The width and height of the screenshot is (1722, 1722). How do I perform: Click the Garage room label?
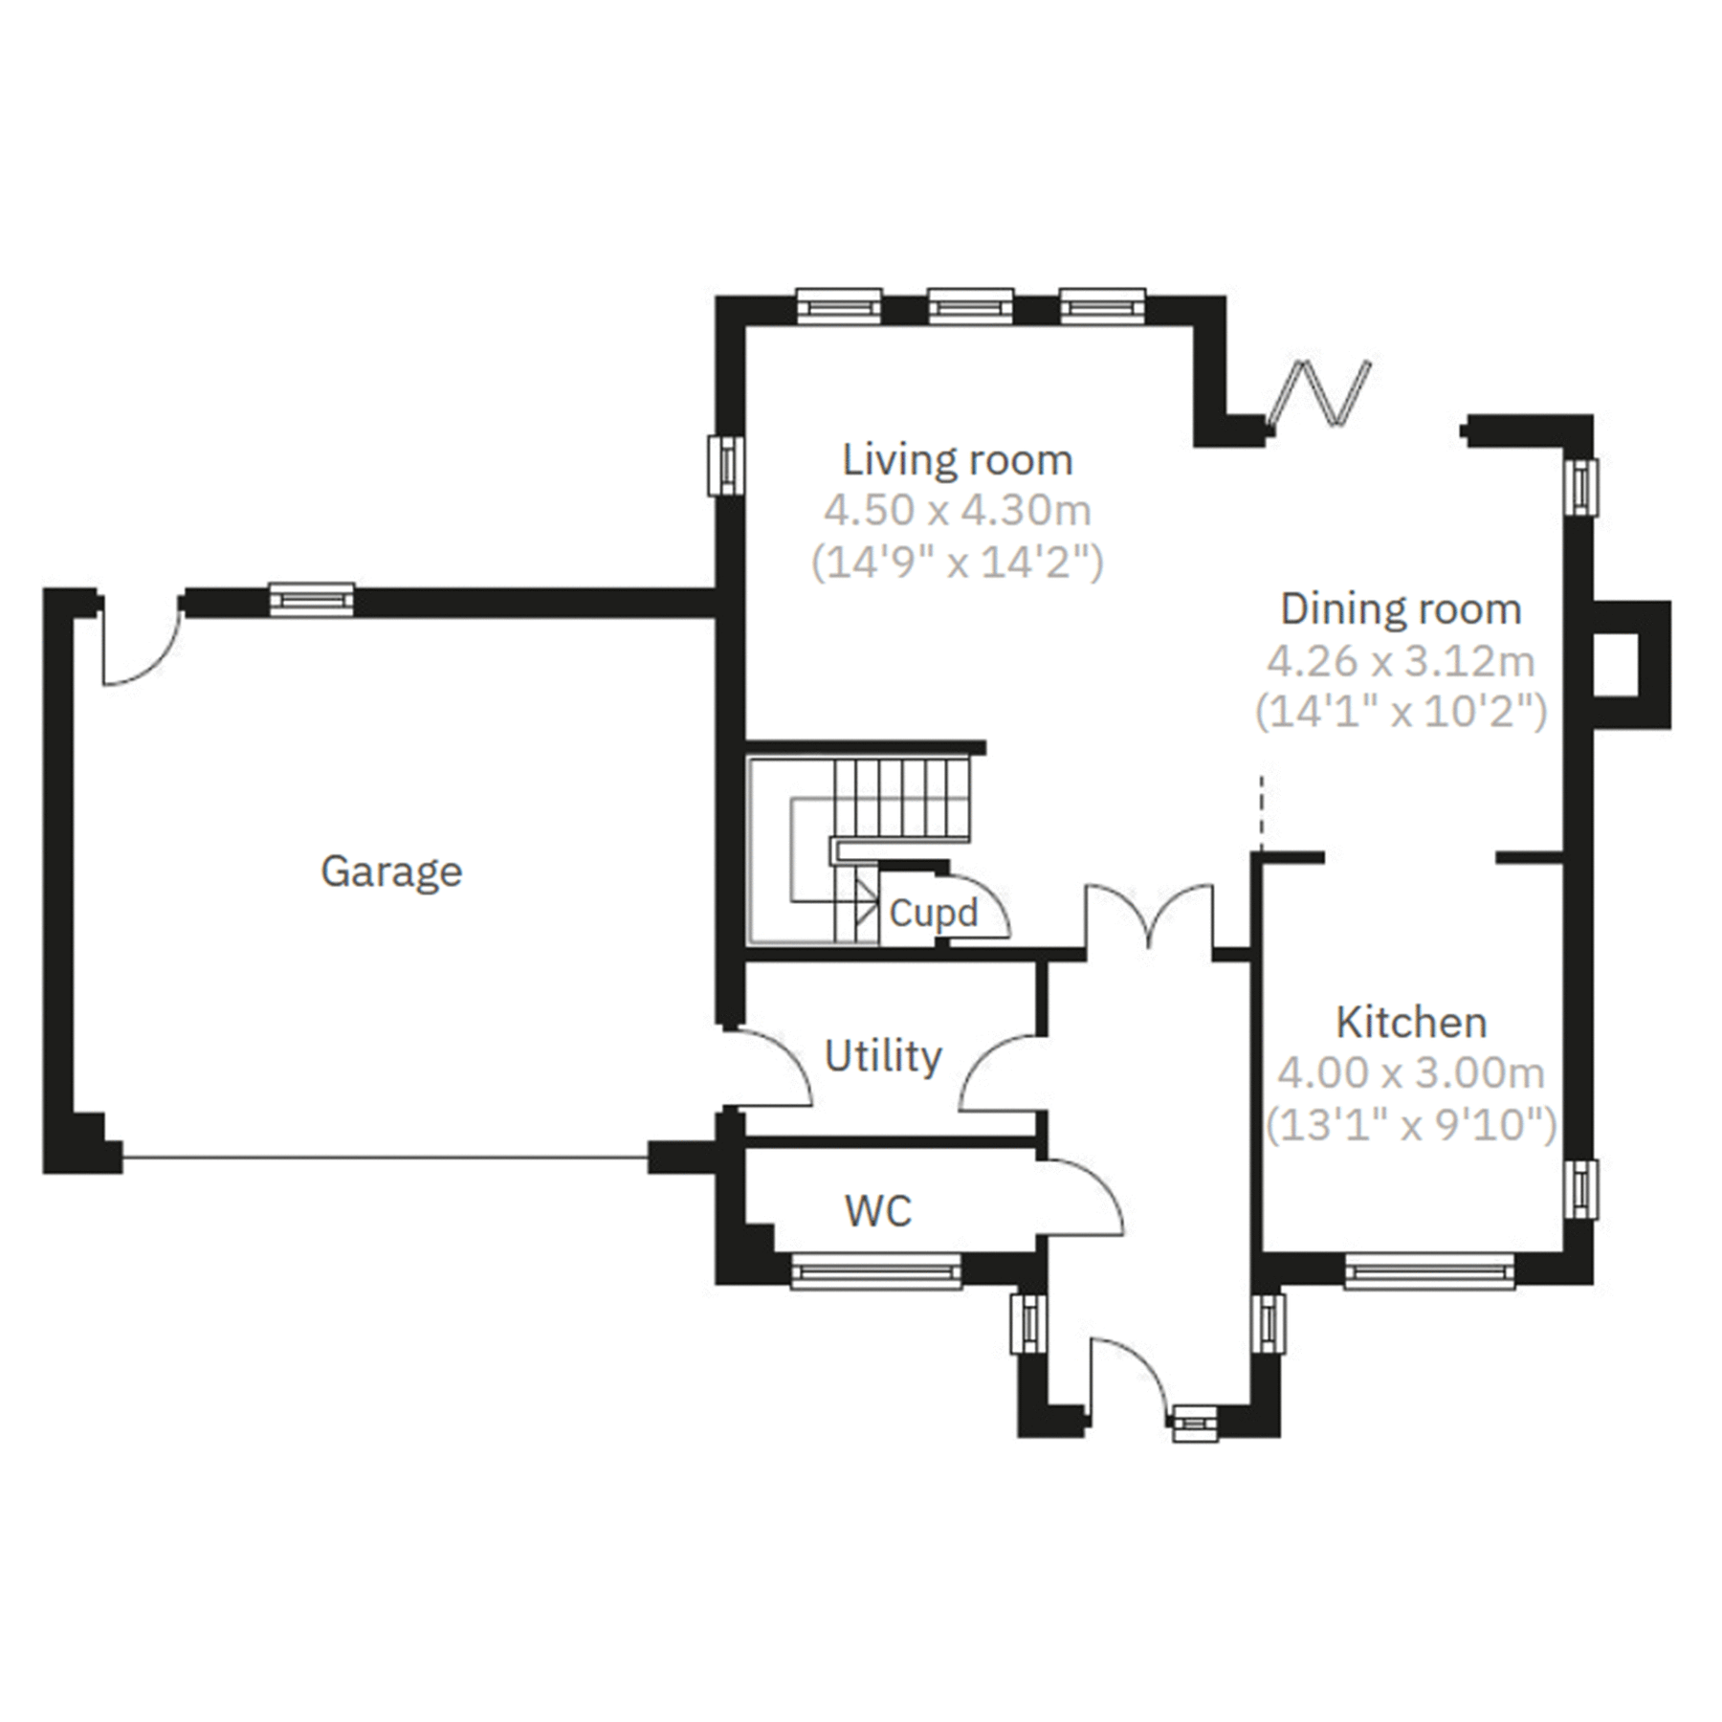coord(391,872)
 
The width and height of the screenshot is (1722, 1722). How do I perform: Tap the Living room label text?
coord(957,460)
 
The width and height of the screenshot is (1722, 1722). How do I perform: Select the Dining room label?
coord(1401,609)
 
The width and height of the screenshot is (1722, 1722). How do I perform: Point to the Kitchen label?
coord(1411,1023)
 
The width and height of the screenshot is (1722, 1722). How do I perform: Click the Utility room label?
coord(883,1056)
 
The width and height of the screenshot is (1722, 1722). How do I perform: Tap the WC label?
coord(878,1211)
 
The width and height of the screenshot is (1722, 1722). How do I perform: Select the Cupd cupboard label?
coord(933,913)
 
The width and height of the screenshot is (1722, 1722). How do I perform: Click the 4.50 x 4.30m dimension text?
coord(957,511)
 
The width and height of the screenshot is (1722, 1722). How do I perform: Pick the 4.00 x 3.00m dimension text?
coord(1411,1073)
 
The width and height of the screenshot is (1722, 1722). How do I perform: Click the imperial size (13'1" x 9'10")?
coord(1411,1125)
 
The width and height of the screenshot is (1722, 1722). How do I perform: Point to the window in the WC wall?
coord(876,1271)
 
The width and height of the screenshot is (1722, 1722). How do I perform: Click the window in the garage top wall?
coord(311,600)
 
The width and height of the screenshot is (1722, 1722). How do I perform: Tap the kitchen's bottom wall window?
coord(1429,1271)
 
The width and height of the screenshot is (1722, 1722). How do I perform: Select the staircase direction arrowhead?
coord(869,899)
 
